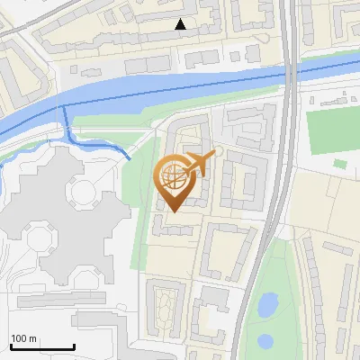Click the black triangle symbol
tap(181, 24)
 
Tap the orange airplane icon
tap(199, 164)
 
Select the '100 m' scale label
tap(23, 338)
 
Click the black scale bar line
tap(40, 346)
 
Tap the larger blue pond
tap(267, 306)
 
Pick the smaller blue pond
tap(265, 342)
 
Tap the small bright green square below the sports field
tap(339, 164)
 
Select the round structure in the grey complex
tap(84, 191)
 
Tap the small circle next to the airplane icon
tap(217, 152)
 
